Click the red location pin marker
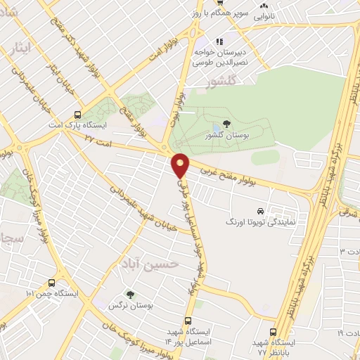pos(181,165)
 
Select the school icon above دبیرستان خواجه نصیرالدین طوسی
pos(219,41)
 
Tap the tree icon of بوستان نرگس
pos(129,295)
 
